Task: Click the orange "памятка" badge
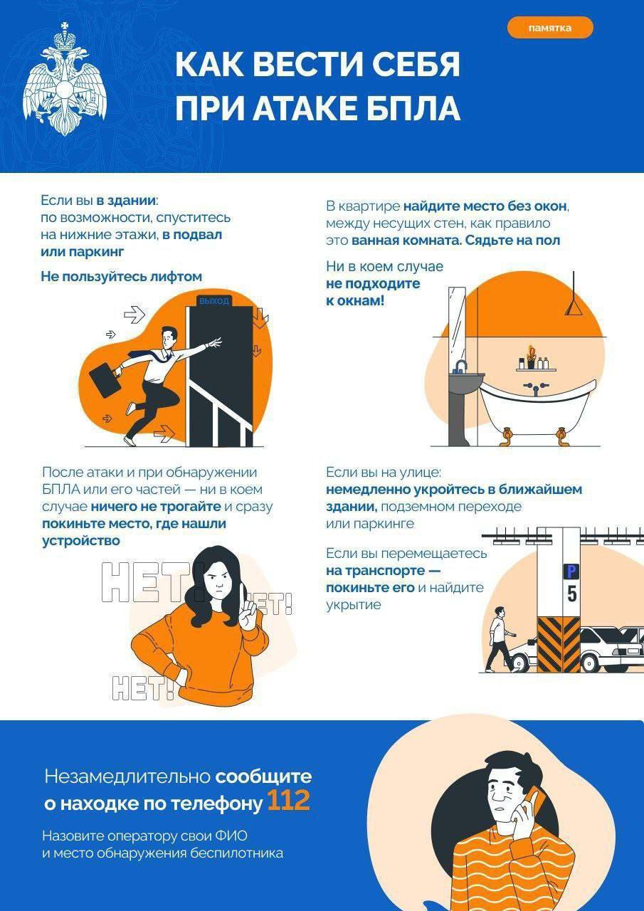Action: (x=549, y=28)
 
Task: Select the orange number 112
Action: (x=288, y=801)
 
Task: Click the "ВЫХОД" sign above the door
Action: (x=214, y=301)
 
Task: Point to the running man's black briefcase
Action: (x=102, y=380)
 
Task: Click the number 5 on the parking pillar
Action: (x=572, y=594)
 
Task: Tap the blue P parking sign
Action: (x=571, y=571)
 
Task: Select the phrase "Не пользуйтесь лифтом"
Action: (x=121, y=277)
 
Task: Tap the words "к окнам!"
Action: (x=355, y=300)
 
